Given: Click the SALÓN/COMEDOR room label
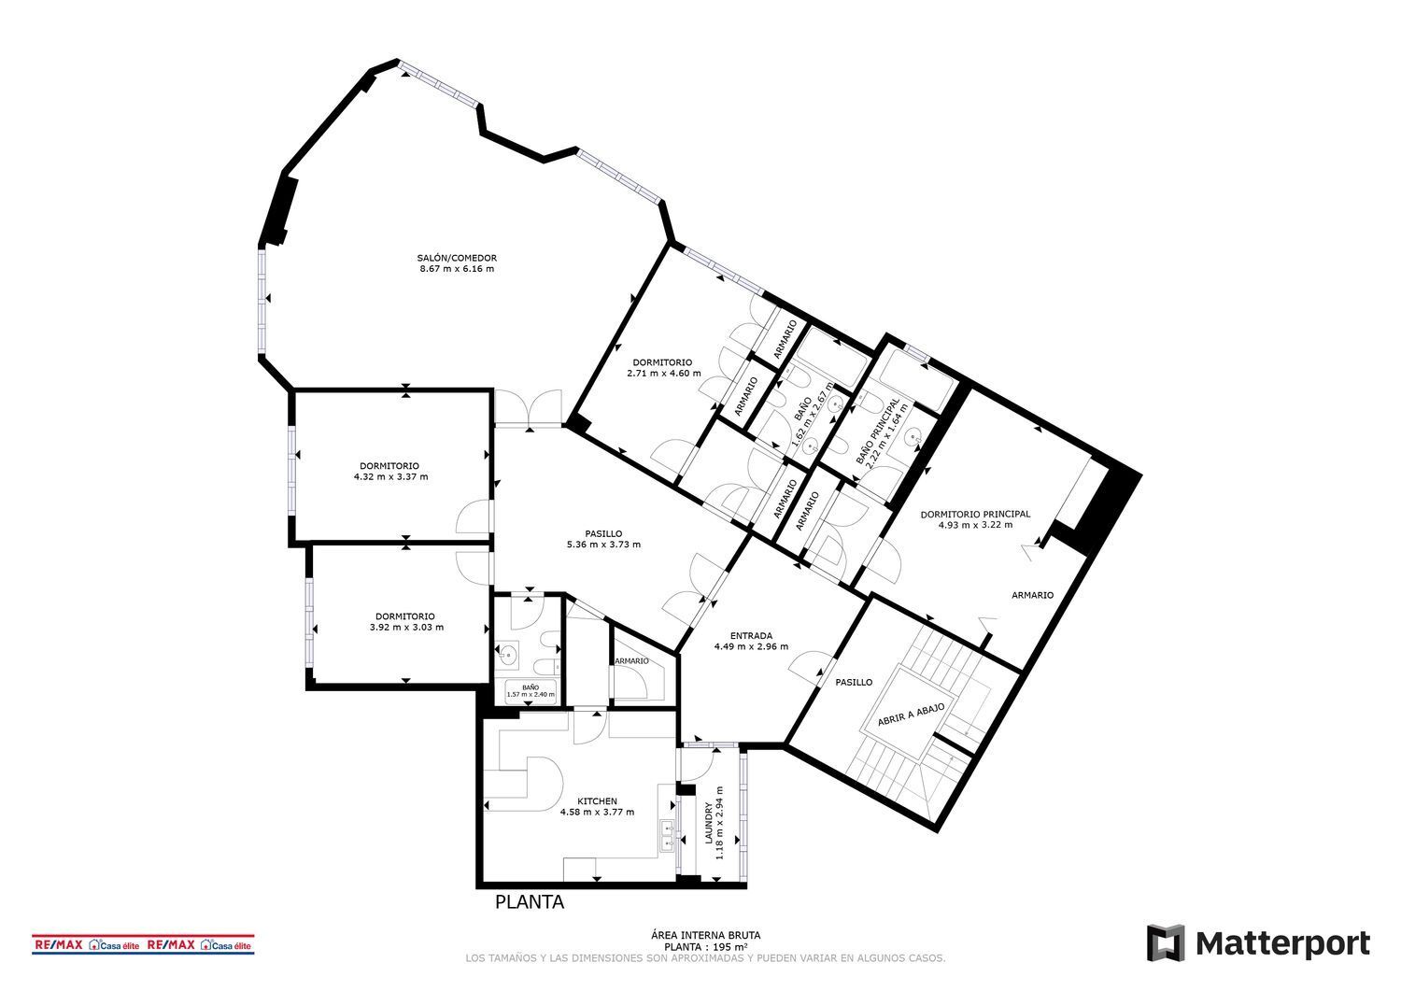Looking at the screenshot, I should (x=457, y=258).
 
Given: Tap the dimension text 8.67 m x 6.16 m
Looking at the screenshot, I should (x=457, y=269).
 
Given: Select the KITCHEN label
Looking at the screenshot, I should (x=597, y=801).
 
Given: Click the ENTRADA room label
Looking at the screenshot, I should (x=751, y=635).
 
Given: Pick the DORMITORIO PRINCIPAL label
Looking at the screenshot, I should (x=975, y=514).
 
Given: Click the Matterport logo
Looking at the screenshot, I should (x=1258, y=943).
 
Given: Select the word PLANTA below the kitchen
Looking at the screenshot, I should (x=529, y=903).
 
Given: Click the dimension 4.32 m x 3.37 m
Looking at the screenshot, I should (x=390, y=476).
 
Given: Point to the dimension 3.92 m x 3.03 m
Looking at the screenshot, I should (x=405, y=627).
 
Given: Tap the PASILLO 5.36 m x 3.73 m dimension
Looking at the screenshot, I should (x=603, y=545).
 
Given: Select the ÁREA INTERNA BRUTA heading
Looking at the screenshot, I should (x=705, y=934).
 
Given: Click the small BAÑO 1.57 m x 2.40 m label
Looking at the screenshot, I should (x=531, y=691).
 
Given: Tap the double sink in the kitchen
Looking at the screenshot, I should (x=668, y=834).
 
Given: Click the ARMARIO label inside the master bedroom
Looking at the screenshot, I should (x=1032, y=595).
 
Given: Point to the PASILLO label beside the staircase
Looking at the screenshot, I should (x=854, y=682).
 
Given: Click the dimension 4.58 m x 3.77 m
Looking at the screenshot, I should (x=597, y=813).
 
